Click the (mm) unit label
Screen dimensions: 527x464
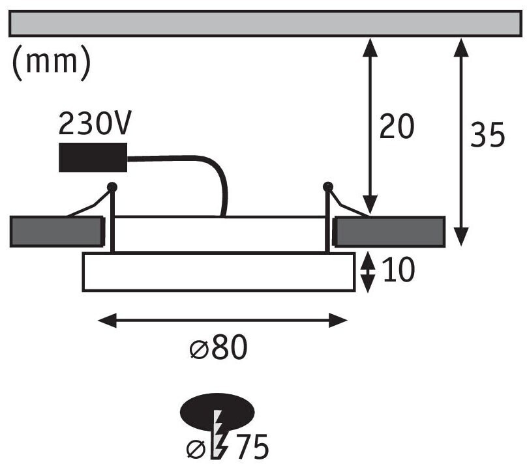click(x=51, y=63)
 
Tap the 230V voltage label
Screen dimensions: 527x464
click(x=95, y=123)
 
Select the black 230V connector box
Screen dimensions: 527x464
click(x=93, y=158)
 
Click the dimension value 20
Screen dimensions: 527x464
click(x=397, y=126)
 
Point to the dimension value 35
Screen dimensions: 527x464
click(x=488, y=135)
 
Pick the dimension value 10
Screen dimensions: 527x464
click(x=399, y=269)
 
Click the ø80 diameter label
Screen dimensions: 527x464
click(x=218, y=347)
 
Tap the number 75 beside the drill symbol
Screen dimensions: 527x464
click(x=252, y=446)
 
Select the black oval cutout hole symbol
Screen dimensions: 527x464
click(x=217, y=413)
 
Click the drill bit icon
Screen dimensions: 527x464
click(x=218, y=434)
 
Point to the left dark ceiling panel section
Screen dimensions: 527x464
click(x=57, y=231)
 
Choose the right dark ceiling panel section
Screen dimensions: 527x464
click(x=389, y=232)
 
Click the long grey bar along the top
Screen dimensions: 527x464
click(x=265, y=23)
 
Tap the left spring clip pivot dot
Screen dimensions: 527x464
click(x=112, y=186)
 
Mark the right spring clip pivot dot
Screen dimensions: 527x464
click(x=327, y=186)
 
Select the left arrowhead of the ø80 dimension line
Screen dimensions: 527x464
click(x=108, y=320)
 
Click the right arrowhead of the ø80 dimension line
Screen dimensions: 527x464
click(x=338, y=320)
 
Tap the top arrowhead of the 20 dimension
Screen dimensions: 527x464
click(x=370, y=48)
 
